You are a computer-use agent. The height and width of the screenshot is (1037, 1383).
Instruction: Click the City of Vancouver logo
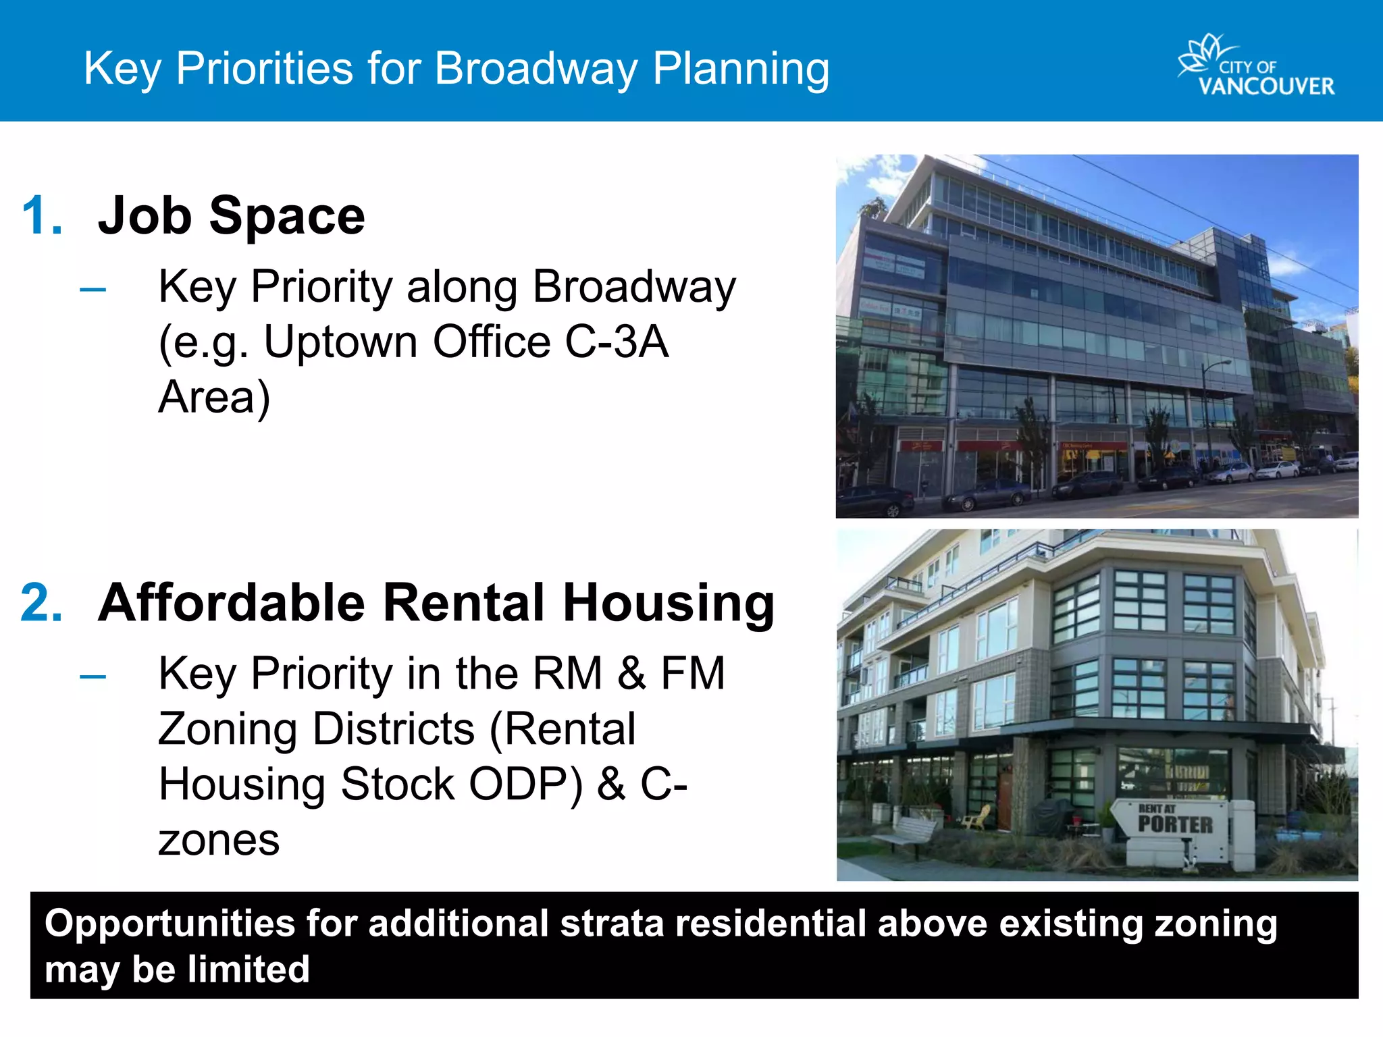click(x=1256, y=66)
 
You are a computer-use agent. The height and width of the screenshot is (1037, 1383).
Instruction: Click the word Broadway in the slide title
click(x=536, y=69)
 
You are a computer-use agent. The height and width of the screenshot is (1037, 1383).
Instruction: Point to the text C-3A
click(x=616, y=342)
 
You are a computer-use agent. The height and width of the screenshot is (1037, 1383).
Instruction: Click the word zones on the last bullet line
click(x=219, y=840)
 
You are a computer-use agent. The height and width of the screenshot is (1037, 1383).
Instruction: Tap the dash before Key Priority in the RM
click(x=93, y=676)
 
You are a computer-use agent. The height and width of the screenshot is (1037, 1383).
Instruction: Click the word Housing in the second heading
click(x=669, y=602)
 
